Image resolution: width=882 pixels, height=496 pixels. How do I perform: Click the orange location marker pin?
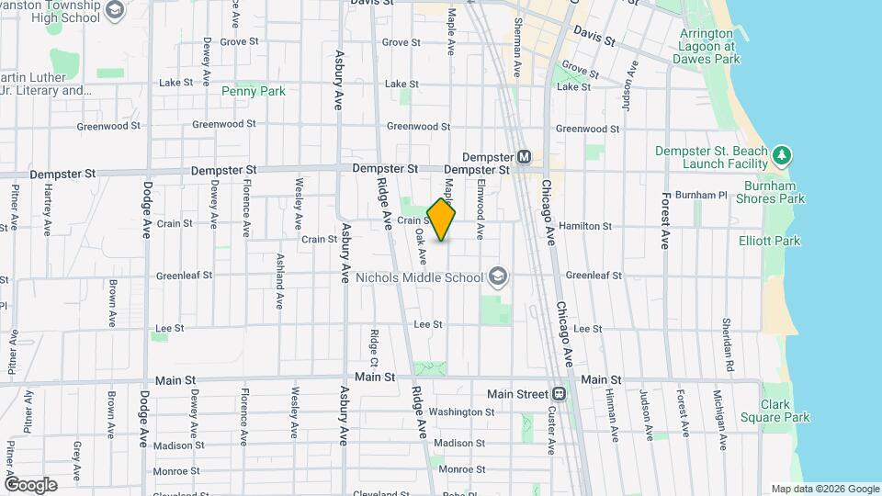point(442,220)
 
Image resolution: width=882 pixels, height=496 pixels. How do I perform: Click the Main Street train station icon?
point(560,393)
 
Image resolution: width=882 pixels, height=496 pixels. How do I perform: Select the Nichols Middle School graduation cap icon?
point(497,276)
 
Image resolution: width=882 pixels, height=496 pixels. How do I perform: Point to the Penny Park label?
point(254,91)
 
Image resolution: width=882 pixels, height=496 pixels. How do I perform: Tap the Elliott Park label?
point(769,241)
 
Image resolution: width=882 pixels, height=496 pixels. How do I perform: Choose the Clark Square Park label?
point(785,411)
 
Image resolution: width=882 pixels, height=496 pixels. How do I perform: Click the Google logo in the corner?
point(30,484)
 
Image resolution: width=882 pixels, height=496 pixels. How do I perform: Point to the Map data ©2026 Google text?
point(824,489)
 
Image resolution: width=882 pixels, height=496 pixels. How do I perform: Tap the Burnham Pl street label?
point(700,195)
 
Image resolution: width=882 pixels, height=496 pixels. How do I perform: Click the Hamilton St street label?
point(585,225)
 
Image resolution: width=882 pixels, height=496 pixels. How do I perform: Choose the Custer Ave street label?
point(551,430)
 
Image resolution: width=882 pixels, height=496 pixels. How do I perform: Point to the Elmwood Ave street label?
point(480,209)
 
